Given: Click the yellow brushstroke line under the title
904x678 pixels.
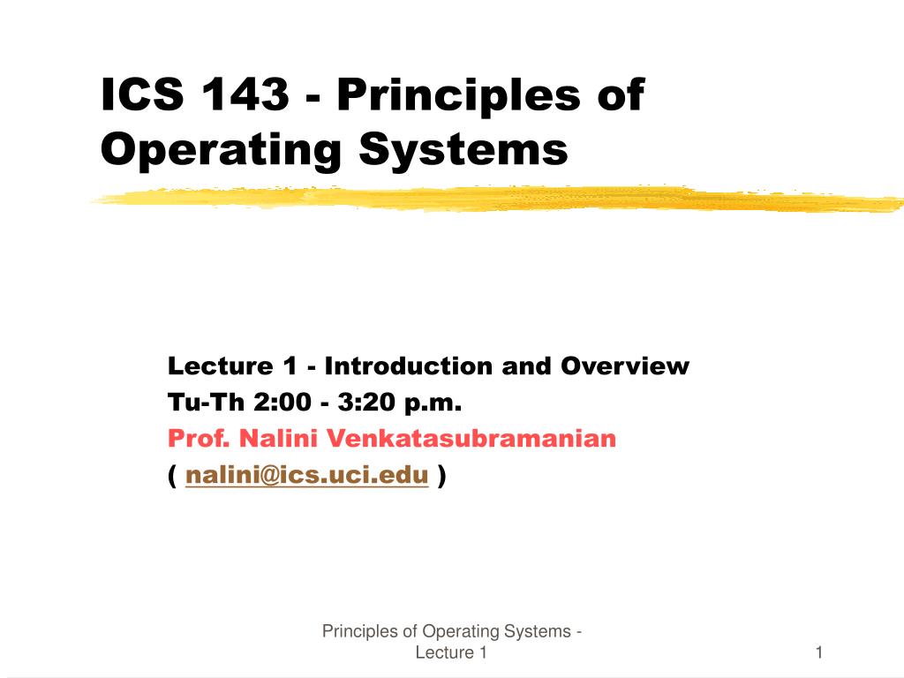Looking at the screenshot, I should [494, 200].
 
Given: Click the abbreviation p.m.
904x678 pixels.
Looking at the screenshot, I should [433, 403].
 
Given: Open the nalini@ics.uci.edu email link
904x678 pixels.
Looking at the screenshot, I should [307, 477].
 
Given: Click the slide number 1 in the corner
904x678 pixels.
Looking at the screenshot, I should [819, 653].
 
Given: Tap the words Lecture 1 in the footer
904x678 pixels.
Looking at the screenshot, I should [451, 653].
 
